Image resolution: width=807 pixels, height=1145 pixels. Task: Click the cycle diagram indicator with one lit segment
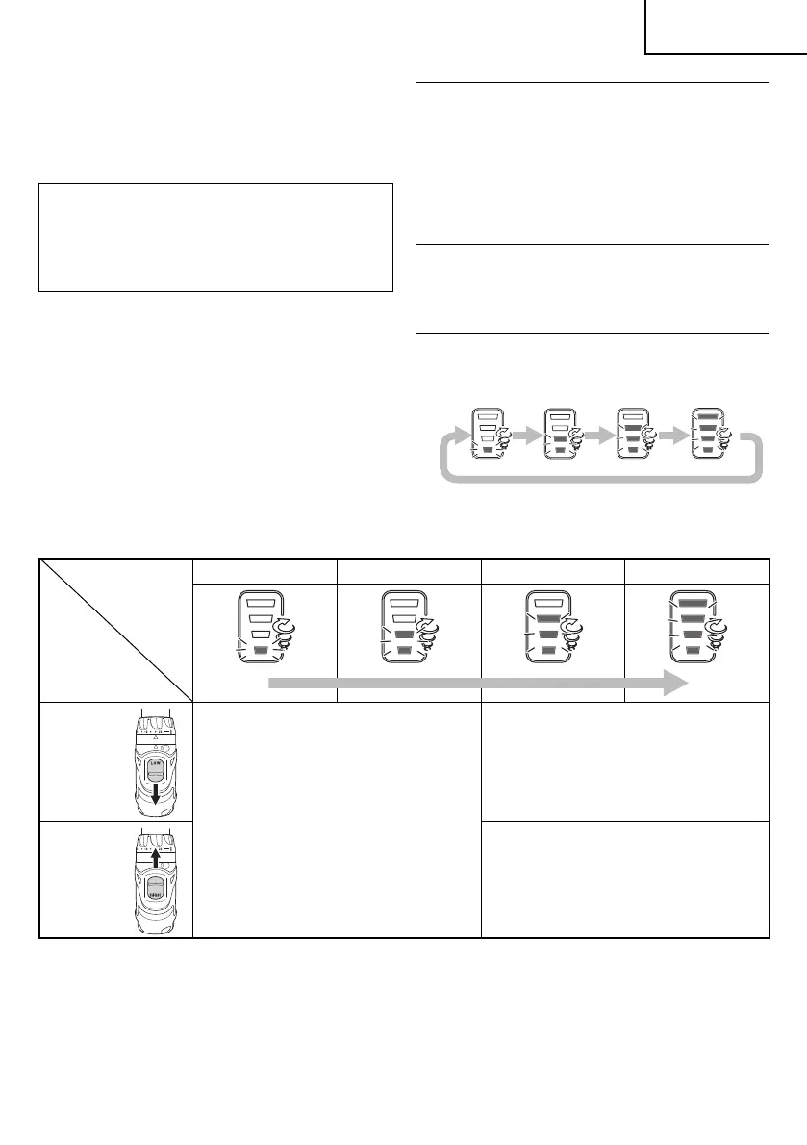click(x=488, y=433)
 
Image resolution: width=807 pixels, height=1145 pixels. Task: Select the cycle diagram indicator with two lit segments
click(x=559, y=433)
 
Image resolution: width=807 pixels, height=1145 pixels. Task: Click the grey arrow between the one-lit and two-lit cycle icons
click(x=523, y=435)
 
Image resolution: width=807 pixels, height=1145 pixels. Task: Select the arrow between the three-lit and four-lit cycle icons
click(x=670, y=435)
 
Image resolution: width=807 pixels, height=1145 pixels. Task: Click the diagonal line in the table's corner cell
click(x=115, y=629)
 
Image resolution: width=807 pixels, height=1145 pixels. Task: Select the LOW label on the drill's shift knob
click(x=155, y=763)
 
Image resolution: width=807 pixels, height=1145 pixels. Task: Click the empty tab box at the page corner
click(x=725, y=27)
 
